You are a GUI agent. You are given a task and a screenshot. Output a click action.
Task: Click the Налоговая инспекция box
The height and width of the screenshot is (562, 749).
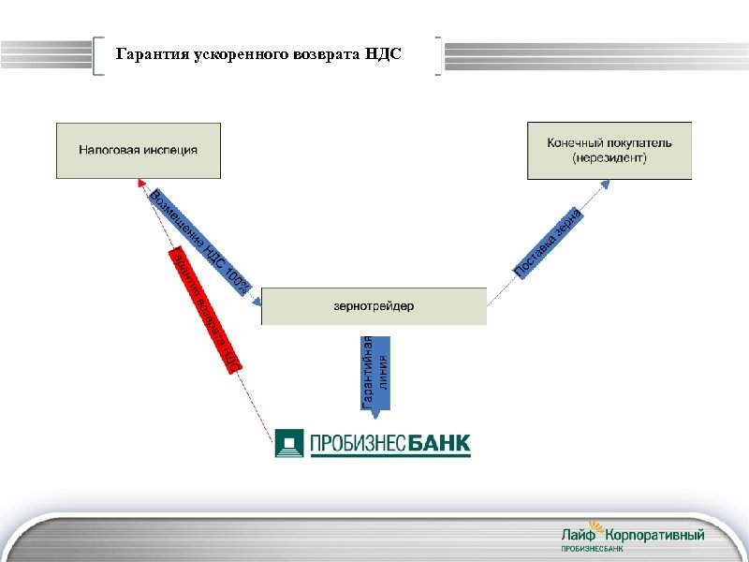pyautogui.click(x=139, y=150)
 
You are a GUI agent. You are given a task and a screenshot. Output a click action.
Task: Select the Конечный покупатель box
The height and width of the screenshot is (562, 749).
pyautogui.click(x=609, y=150)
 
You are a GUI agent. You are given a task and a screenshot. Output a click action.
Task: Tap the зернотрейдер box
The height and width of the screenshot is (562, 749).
pyautogui.click(x=374, y=306)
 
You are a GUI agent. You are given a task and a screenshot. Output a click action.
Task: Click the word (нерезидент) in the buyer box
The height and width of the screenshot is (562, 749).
pyautogui.click(x=609, y=158)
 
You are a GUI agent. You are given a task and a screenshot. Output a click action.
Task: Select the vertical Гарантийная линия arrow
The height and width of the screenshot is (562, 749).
pyautogui.click(x=374, y=370)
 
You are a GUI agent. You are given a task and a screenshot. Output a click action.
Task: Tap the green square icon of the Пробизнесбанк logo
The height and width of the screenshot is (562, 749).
pyautogui.click(x=290, y=443)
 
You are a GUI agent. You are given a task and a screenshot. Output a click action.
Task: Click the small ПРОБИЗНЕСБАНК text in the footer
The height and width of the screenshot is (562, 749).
pyautogui.click(x=592, y=548)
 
